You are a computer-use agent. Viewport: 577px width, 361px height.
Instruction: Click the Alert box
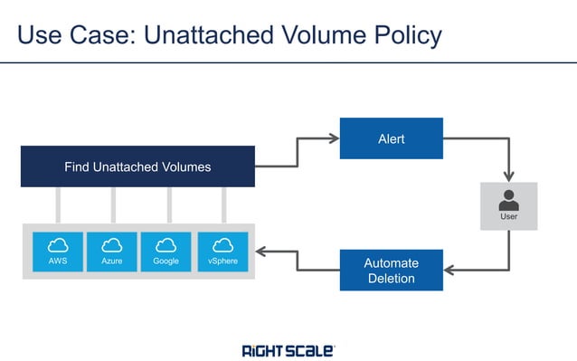[x=391, y=138]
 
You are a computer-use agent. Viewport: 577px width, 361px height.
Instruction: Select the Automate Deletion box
[x=391, y=270]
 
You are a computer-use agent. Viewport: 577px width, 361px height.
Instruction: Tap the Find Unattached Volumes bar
[x=137, y=166]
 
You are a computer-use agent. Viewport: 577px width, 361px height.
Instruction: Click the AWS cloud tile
[x=58, y=252]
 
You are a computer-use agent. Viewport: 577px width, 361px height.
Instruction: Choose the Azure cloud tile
[x=112, y=252]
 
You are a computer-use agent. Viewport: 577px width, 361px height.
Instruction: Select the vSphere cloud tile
[x=222, y=252]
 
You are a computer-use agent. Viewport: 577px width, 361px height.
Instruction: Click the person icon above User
[x=509, y=200]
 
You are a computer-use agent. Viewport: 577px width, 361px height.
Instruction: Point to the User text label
[x=509, y=217]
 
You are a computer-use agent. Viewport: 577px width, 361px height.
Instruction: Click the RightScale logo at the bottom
[x=288, y=349]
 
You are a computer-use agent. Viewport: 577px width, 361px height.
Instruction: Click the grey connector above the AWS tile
[x=58, y=204]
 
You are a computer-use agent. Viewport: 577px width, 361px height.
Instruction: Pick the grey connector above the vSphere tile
[x=223, y=204]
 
